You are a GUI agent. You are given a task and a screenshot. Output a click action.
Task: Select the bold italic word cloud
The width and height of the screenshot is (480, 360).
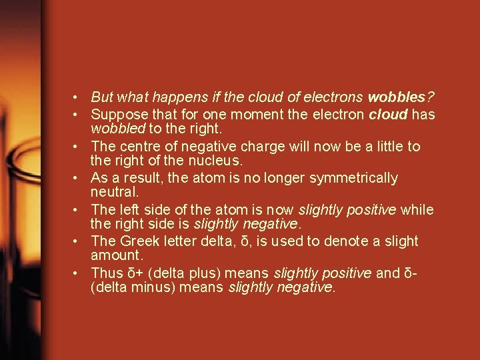[388, 114]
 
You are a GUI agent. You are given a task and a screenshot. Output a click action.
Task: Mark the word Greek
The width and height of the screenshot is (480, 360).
[138, 241]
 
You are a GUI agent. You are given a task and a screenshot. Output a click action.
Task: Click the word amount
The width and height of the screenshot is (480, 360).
[115, 255]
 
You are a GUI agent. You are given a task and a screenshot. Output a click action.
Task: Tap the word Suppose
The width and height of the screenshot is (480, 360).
[115, 114]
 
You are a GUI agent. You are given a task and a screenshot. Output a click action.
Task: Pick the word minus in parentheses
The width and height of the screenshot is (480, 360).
[150, 287]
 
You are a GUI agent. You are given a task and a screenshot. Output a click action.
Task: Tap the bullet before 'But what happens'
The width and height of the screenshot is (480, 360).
[78, 98]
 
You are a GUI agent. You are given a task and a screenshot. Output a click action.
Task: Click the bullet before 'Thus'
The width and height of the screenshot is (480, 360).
[78, 274]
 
